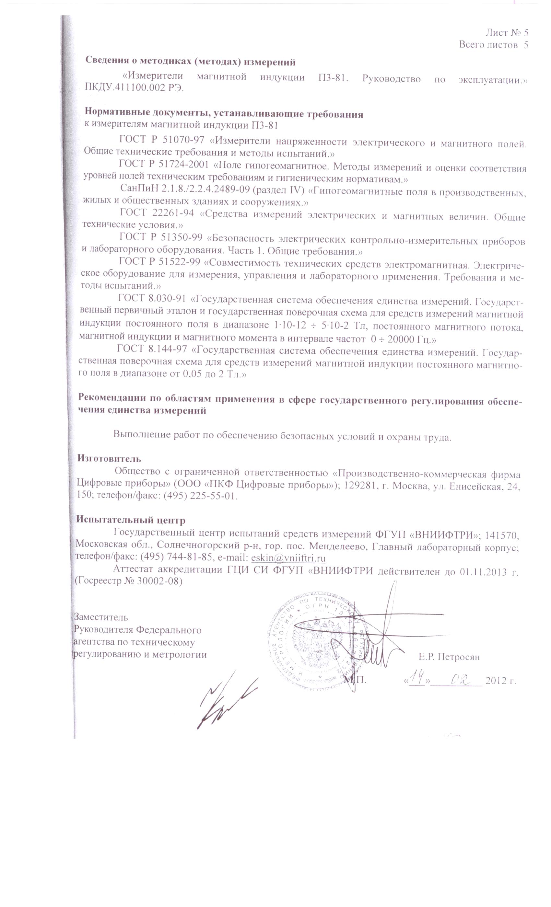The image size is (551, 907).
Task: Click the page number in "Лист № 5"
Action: pyautogui.click(x=526, y=33)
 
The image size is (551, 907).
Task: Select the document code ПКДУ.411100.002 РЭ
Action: pyautogui.click(x=134, y=89)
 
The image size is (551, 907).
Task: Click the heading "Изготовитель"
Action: pyautogui.click(x=109, y=459)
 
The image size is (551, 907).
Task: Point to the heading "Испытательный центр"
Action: pyautogui.click(x=131, y=520)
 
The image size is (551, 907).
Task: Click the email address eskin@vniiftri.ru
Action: pyautogui.click(x=288, y=558)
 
